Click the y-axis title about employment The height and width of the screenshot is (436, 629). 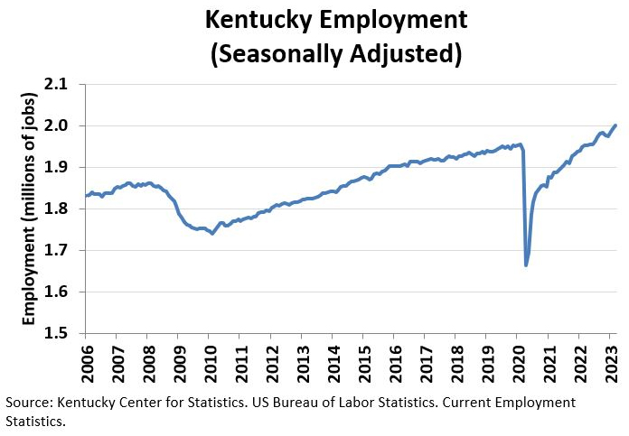pyautogui.click(x=30, y=209)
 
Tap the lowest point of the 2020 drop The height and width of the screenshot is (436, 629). pyautogui.click(x=526, y=265)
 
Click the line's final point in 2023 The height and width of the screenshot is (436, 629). pyautogui.click(x=615, y=125)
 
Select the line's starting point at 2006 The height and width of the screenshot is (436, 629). pyautogui.click(x=86, y=196)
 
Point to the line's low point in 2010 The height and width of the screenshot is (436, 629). pyautogui.click(x=212, y=234)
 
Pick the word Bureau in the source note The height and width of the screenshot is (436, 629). pyautogui.click(x=319, y=401)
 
